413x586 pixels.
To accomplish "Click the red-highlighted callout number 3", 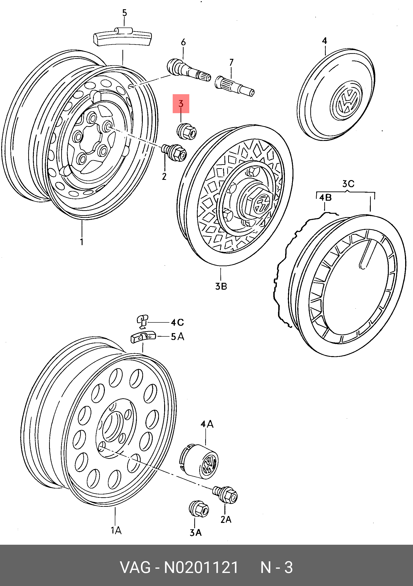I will pos(181,103).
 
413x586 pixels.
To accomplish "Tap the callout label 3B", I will pos(221,286).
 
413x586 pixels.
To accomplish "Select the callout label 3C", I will pos(348,184).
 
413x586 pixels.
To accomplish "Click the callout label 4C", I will pos(177,322).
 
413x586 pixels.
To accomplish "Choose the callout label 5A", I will pos(177,337).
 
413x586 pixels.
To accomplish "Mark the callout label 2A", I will pos(226,519).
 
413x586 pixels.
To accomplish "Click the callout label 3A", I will pos(195,533).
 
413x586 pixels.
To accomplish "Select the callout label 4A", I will pos(207,424).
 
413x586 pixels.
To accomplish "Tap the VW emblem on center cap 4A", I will pos(209,464).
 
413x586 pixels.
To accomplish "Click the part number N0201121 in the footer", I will pos(201,567).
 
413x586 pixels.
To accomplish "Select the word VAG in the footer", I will pos(135,567).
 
